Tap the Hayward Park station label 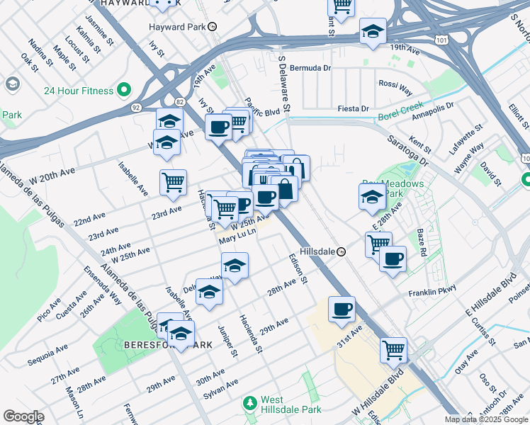(x=177, y=27)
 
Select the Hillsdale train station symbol (x=341, y=251)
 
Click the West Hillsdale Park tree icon (x=249, y=403)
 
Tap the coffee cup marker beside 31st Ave (x=342, y=309)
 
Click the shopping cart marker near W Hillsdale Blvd (x=393, y=349)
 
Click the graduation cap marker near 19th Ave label (x=373, y=32)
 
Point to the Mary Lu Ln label (x=236, y=239)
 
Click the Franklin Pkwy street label (x=432, y=292)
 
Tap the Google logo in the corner (x=23, y=416)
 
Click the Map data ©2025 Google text (x=485, y=419)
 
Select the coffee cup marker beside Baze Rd (x=393, y=259)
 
